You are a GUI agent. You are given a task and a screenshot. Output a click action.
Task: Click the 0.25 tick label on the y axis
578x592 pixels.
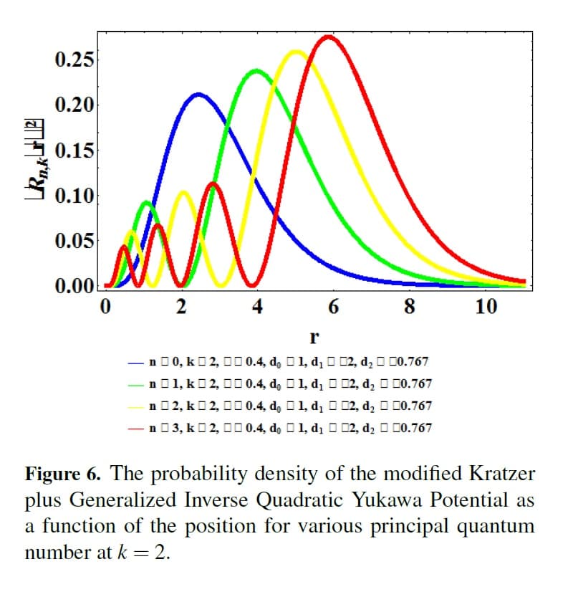(x=74, y=59)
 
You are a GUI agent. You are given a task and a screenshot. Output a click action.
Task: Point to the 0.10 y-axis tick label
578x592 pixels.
(x=74, y=196)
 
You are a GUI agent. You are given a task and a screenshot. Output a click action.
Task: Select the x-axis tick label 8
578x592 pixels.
(x=409, y=307)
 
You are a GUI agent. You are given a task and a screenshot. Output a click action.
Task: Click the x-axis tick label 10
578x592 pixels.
(x=485, y=307)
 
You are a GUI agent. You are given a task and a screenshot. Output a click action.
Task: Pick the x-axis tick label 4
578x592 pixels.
(x=257, y=307)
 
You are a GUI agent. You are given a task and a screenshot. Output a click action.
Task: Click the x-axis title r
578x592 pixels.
(x=313, y=335)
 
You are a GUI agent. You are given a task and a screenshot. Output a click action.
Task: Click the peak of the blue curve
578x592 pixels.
(x=198, y=94)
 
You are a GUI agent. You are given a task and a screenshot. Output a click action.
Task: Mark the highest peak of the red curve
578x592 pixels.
(x=329, y=36)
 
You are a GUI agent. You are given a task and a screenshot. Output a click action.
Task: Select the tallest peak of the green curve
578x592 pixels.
(x=256, y=70)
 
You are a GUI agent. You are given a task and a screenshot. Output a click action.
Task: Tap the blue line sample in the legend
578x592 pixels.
(x=137, y=363)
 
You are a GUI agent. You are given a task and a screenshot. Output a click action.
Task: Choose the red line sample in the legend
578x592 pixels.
(x=137, y=429)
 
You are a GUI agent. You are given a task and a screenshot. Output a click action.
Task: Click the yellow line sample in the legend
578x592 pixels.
(x=137, y=406)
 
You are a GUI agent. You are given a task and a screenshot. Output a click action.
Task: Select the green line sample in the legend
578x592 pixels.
(x=137, y=385)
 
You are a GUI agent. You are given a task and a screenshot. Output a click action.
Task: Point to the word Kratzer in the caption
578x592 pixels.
(x=502, y=474)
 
